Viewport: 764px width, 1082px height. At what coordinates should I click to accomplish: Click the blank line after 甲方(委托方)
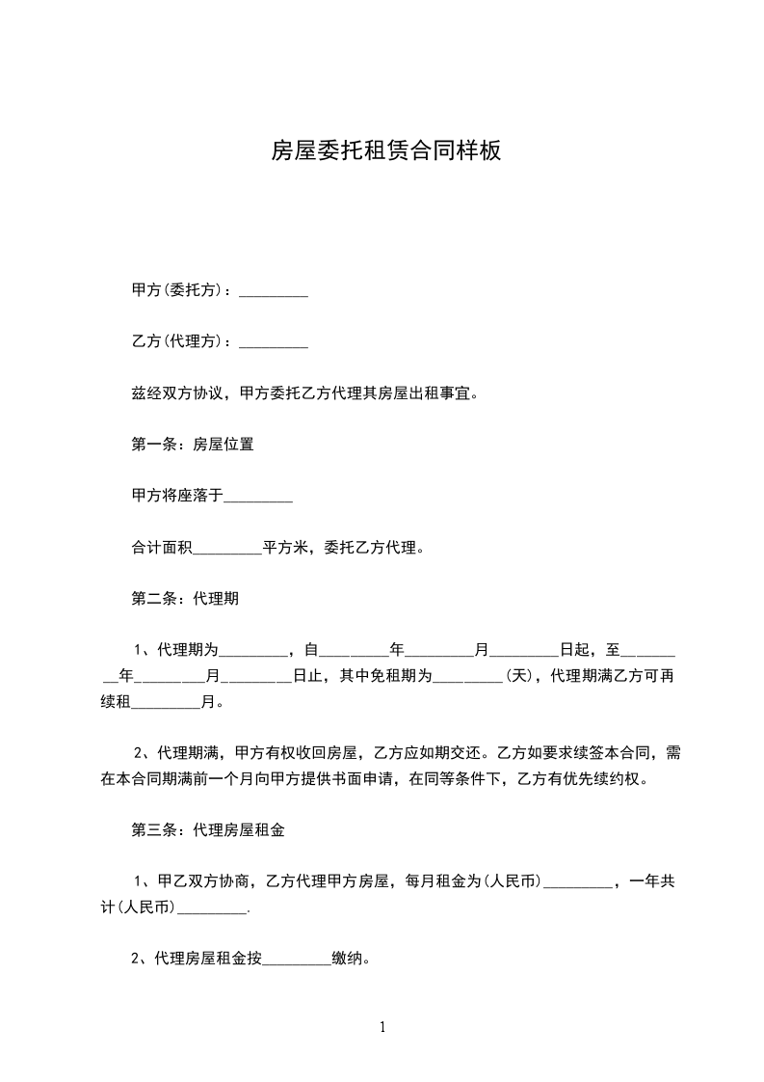point(273,290)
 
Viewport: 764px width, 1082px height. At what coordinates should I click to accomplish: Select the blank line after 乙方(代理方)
point(273,341)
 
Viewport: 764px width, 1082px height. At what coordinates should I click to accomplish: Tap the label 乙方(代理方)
point(180,341)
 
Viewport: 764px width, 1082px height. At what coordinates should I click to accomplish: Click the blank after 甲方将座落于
point(258,496)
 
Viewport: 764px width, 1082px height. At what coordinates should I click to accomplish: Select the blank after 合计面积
point(227,548)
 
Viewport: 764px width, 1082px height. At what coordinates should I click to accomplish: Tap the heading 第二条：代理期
point(184,599)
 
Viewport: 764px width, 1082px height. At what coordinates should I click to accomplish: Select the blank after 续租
point(165,702)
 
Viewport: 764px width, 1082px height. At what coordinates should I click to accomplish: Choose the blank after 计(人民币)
point(213,907)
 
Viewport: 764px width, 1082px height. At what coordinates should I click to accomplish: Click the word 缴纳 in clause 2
point(347,959)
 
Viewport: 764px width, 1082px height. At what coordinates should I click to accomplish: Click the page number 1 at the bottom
point(382,1027)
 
